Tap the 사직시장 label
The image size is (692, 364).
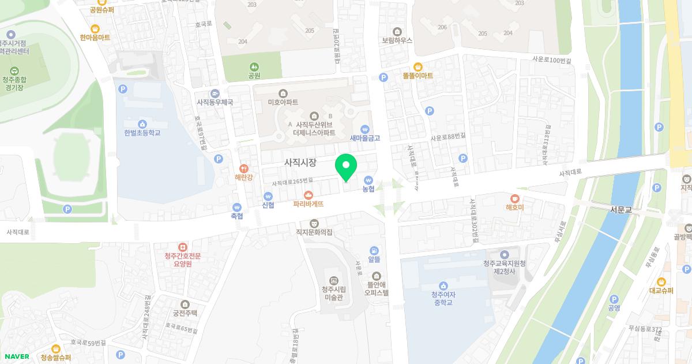click(300, 163)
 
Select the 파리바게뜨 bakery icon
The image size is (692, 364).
click(308, 194)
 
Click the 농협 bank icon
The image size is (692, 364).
click(368, 180)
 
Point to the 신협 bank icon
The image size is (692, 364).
click(268, 195)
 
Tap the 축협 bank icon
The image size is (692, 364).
click(236, 207)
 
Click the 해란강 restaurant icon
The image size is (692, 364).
click(243, 168)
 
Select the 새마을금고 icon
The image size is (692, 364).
click(364, 129)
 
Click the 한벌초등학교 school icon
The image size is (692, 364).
click(142, 124)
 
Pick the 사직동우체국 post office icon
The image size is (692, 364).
click(215, 93)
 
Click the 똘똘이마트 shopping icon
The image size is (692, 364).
click(418, 66)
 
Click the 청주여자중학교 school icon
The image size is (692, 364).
click(443, 285)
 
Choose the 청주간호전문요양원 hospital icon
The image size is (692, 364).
click(182, 247)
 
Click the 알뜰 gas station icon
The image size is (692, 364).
click(374, 250)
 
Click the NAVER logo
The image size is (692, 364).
click(17, 356)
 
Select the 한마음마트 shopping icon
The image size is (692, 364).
click(95, 28)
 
